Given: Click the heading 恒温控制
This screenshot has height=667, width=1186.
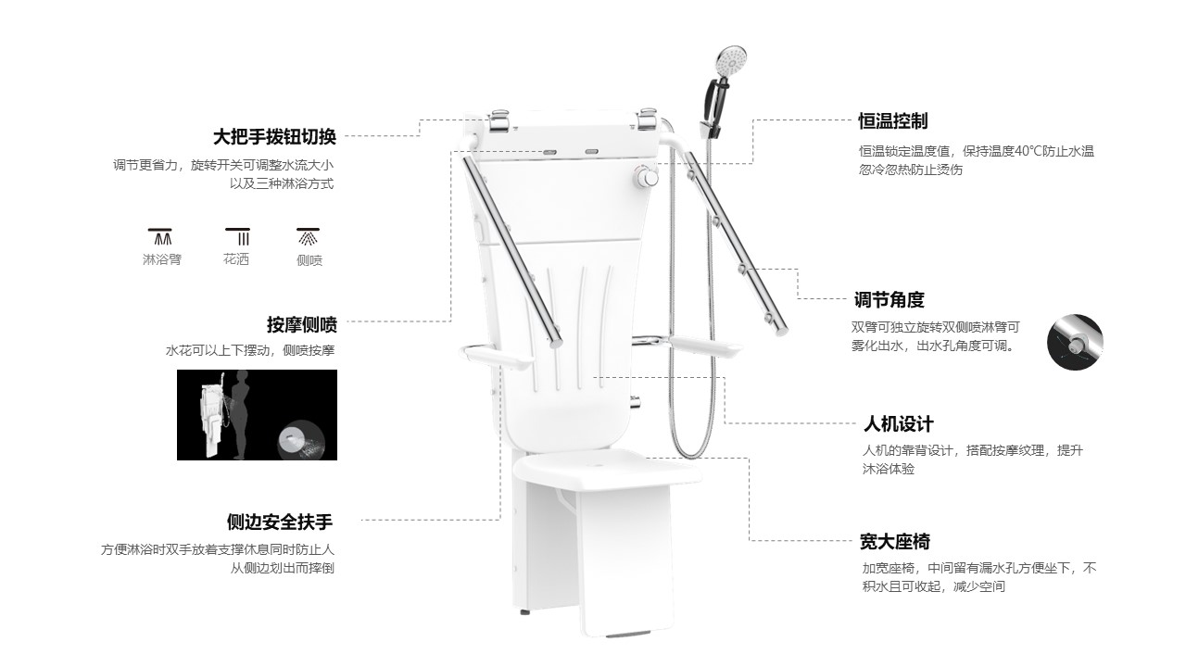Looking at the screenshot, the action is click(x=892, y=121).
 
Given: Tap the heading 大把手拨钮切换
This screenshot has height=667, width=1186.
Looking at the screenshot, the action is click(x=274, y=137).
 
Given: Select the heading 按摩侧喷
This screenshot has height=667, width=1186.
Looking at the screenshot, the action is click(x=302, y=324).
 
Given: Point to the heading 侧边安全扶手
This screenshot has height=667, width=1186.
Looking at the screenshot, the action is click(x=280, y=522).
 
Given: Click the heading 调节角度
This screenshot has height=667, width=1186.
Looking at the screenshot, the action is click(x=889, y=300).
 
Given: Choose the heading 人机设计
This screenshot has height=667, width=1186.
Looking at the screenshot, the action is click(x=899, y=424).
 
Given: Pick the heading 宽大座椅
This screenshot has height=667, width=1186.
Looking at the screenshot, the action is click(x=895, y=542).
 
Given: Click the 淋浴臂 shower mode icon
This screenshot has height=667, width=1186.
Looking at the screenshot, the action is click(x=160, y=236).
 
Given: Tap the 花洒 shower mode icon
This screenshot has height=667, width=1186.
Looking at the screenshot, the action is click(x=238, y=236).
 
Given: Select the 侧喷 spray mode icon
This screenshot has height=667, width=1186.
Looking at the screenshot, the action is click(x=309, y=236).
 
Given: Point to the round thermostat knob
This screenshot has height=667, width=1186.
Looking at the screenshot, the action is click(x=646, y=176).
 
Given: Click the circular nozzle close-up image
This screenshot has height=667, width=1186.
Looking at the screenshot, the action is click(x=1075, y=343).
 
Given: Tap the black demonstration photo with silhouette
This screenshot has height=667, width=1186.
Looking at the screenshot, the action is click(x=257, y=415).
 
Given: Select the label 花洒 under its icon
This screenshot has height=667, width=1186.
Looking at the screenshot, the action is click(x=236, y=259).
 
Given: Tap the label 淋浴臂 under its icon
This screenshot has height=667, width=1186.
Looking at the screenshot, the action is click(x=162, y=260).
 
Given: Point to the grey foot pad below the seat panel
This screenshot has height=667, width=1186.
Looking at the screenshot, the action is click(x=627, y=635).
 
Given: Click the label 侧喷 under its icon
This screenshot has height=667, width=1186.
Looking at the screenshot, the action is click(x=309, y=260).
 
